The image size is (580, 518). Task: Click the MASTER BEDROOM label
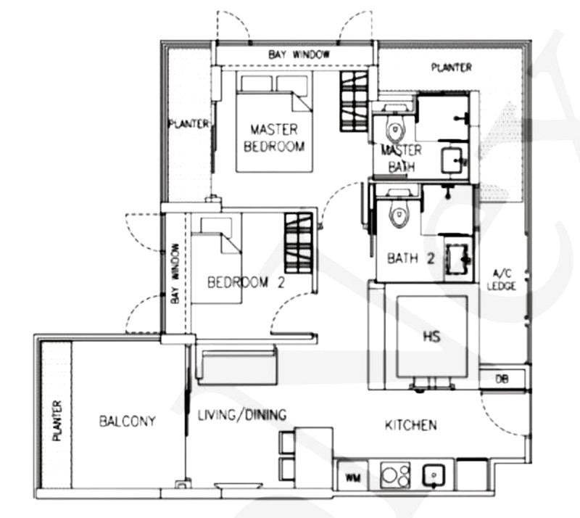click(274, 138)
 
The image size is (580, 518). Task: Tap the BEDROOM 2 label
click(246, 282)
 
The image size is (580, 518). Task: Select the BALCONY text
click(128, 421)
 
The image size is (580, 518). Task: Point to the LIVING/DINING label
click(242, 415)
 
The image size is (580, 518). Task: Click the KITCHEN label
click(410, 425)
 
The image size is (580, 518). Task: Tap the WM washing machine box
click(352, 477)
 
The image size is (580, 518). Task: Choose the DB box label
click(502, 379)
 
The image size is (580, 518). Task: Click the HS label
click(431, 337)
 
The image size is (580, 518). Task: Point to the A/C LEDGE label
click(502, 279)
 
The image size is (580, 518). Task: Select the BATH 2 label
click(410, 258)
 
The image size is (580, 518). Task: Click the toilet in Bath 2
click(397, 213)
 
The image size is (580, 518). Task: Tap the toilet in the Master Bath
click(394, 128)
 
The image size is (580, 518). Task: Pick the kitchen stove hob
click(395, 474)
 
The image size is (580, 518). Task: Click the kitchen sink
click(434, 474)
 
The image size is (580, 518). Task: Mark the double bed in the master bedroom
click(274, 123)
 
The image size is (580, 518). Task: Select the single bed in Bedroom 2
click(216, 260)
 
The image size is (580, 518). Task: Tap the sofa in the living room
click(237, 365)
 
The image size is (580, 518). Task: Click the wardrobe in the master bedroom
click(354, 101)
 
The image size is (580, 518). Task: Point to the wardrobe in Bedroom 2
click(299, 242)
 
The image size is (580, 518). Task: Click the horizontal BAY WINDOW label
click(299, 55)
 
